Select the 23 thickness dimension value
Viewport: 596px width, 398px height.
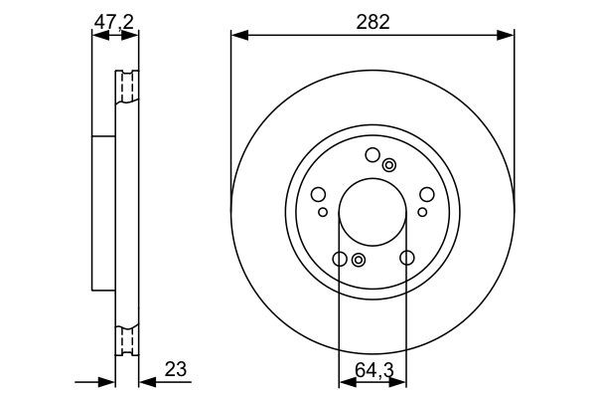177,369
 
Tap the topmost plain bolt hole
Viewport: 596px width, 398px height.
372,154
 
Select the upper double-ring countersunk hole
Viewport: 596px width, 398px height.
389,165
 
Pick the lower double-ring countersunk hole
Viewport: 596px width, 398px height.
359,261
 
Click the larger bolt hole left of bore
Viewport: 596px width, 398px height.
318,195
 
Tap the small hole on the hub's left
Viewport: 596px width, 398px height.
323,211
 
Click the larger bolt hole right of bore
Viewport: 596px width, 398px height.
427,195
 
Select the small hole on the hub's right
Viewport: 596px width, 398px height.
422,211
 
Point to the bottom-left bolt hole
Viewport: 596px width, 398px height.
339,260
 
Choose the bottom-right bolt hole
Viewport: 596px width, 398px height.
406,260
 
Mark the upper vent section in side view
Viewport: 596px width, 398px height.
126,87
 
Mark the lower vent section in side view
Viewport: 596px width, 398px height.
126,340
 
